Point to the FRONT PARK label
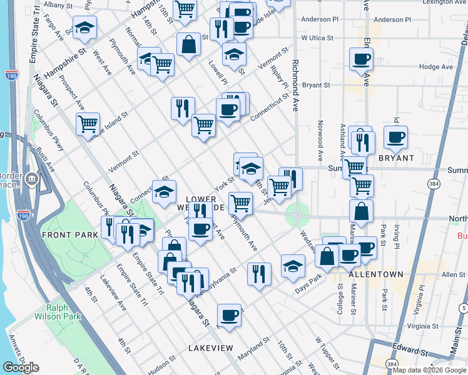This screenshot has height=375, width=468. tap(70, 235)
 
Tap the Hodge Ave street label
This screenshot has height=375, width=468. tap(435, 67)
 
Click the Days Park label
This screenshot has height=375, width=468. tap(308, 277)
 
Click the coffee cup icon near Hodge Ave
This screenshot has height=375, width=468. tap(361, 59)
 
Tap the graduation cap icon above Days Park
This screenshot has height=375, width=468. tap(292, 265)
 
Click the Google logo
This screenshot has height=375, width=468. tap(21, 367)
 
